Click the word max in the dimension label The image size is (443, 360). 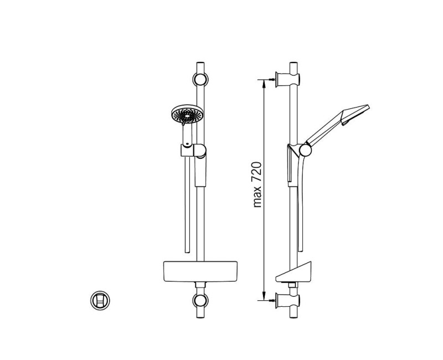(257, 197)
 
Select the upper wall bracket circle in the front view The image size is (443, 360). (200, 79)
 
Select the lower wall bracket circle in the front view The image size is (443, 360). (200, 301)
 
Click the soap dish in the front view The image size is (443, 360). (200, 271)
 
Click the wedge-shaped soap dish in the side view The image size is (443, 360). (294, 272)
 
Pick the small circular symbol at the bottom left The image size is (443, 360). (100, 300)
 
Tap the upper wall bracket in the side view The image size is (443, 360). (287, 80)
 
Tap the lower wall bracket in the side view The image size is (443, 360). (287, 301)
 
